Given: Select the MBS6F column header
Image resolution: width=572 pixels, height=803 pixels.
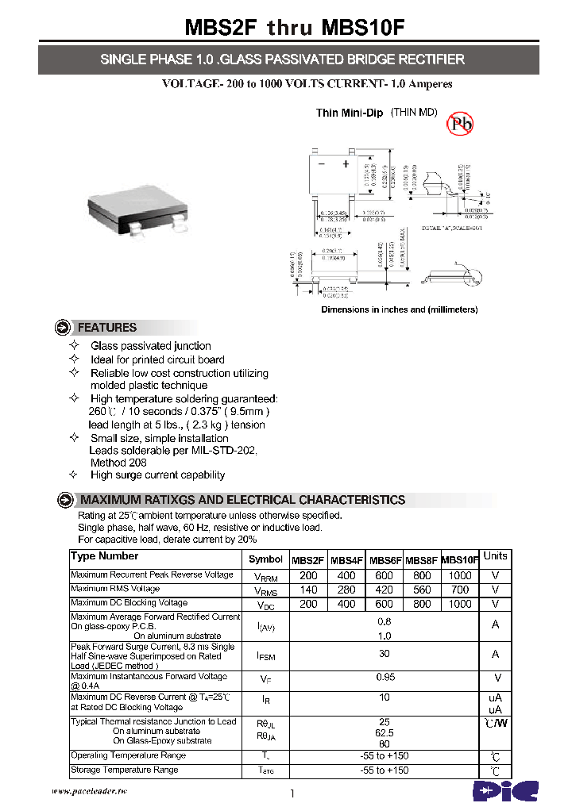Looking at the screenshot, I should point(385,559).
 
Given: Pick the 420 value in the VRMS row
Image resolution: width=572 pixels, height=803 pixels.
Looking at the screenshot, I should point(385,590).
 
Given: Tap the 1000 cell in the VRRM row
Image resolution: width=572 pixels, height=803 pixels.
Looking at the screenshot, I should point(460,576).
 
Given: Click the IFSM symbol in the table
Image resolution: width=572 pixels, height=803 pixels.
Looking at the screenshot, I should point(266,656).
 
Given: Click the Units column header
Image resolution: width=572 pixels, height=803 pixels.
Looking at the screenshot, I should point(496,556).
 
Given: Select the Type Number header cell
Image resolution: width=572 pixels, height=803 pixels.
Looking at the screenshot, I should point(104,556).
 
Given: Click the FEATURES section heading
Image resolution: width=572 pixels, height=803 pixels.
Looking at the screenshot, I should point(106,328).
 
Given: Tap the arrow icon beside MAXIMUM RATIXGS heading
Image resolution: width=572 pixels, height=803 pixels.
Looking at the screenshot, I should point(65,500).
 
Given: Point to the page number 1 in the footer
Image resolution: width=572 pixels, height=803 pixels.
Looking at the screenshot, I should point(292,793).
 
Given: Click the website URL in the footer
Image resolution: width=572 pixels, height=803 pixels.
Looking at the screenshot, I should point(89,791).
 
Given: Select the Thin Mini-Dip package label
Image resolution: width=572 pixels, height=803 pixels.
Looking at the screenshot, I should point(350,113).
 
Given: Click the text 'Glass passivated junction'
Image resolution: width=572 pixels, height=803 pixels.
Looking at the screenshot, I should point(150,346).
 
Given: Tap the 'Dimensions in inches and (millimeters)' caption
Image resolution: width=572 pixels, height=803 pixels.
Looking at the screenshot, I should point(399,309).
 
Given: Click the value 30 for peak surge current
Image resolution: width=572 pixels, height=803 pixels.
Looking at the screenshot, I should point(385,654).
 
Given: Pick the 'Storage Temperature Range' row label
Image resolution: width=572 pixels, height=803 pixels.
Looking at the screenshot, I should point(125,770).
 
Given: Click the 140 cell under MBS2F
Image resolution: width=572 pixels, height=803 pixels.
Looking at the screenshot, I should point(308,590).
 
